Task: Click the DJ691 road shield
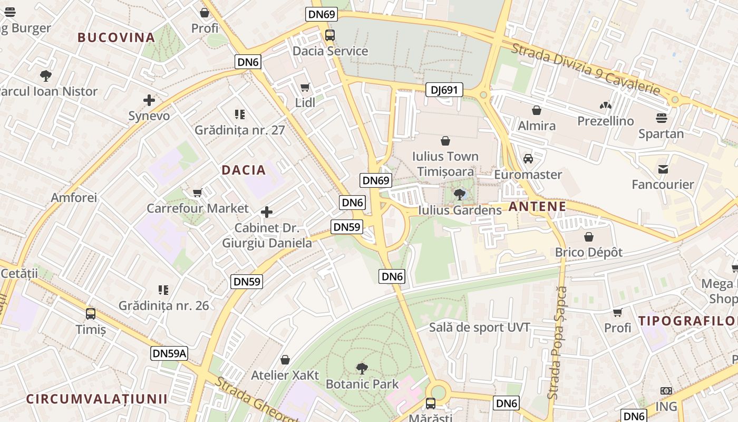pos(444,90)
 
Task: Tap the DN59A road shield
pos(169,353)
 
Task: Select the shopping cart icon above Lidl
pos(305,87)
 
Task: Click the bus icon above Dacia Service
pos(330,35)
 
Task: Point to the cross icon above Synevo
pos(149,100)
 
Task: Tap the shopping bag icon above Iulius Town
pos(445,141)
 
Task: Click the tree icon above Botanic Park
pos(362,368)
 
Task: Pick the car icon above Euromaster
pos(528,159)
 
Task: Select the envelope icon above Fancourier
pos(663,169)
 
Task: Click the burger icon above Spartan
pos(662,118)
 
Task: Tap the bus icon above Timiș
pos(91,314)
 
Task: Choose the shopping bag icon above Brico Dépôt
pos(589,237)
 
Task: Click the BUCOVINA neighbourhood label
pos(116,37)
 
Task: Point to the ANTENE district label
pos(538,206)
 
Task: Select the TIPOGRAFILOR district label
pos(687,320)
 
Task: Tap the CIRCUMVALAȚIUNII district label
pos(97,399)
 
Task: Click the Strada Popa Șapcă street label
pos(558,343)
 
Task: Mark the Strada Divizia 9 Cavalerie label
pos(586,69)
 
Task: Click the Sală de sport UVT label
pos(479,328)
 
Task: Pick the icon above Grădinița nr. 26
pos(163,290)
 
